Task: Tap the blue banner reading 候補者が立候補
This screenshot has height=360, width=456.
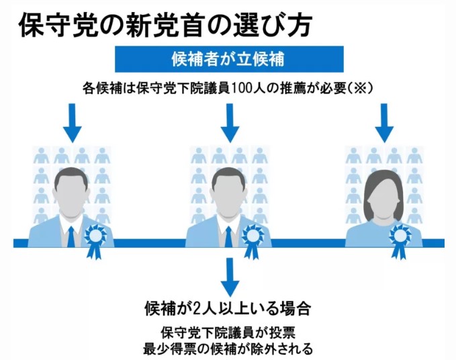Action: click(228, 58)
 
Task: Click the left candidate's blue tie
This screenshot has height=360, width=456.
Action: click(71, 236)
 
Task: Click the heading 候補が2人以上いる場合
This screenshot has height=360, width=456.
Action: click(228, 309)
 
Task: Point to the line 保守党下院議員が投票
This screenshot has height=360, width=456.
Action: click(228, 333)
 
